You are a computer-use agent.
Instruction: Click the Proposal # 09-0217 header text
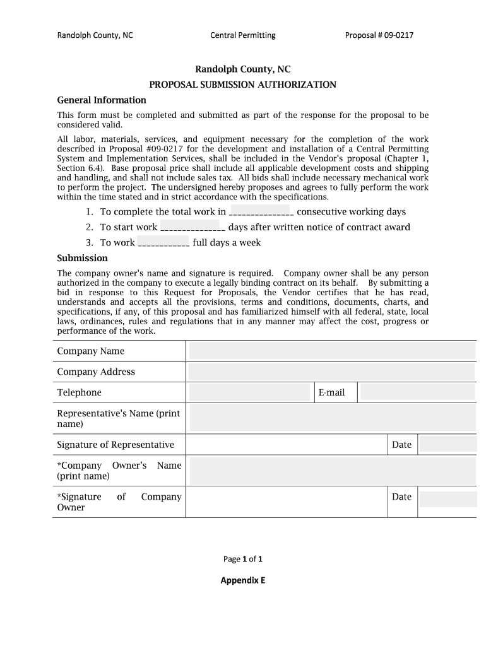[379, 35]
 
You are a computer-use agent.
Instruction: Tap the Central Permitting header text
[243, 35]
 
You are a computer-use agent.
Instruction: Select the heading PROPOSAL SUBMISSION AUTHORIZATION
[242, 85]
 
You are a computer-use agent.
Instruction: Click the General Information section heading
[102, 100]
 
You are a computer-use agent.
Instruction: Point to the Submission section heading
[83, 258]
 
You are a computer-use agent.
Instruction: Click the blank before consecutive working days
[261, 213]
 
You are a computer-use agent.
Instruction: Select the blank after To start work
[193, 228]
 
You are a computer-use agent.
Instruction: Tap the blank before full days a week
[163, 243]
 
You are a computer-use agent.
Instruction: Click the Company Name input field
[332, 351]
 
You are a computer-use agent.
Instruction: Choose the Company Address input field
[332, 372]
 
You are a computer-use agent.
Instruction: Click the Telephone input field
[251, 392]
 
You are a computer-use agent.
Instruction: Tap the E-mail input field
[417, 392]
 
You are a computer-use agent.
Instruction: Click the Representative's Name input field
[332, 418]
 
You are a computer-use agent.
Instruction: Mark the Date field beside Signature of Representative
[448, 444]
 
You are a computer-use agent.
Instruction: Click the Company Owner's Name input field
[332, 471]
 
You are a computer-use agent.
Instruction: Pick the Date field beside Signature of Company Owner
[448, 500]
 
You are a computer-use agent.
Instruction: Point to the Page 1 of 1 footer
[243, 559]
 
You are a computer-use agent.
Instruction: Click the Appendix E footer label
[243, 580]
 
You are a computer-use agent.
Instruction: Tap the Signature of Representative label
[116, 445]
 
